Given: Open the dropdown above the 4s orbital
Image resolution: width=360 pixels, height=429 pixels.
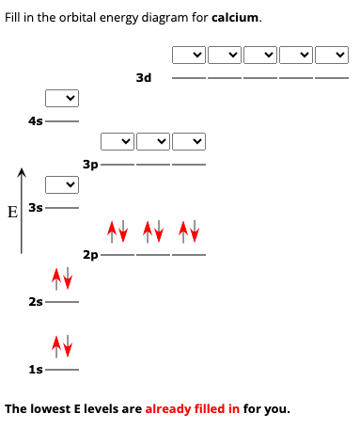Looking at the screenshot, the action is [62, 97].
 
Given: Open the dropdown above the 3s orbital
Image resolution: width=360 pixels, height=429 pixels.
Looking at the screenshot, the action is [62, 183].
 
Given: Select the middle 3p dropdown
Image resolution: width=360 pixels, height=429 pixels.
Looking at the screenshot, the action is [153, 142].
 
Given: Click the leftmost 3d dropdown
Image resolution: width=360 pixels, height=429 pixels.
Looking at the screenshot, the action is [188, 55].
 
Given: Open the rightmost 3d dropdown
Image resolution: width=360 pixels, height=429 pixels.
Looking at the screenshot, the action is [334, 55].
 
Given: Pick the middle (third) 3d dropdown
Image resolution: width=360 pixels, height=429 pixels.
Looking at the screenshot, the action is [260, 55].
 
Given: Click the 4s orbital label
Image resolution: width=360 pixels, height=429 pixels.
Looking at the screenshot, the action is [36, 120].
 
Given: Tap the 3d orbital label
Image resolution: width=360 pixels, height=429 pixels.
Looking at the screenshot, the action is [143, 78].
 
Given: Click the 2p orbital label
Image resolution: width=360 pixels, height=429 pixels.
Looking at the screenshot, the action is [90, 255].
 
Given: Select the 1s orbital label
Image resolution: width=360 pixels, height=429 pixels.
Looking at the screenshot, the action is [36, 370].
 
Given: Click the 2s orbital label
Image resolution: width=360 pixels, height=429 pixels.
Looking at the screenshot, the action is [36, 301].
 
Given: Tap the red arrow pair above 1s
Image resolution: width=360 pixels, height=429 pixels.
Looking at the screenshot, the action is [61, 346].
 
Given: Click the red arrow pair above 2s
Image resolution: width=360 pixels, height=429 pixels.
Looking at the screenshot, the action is [61, 278].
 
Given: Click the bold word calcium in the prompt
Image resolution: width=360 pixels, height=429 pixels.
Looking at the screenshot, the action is [236, 18].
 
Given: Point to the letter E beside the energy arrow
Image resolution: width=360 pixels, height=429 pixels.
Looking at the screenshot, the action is [11, 211].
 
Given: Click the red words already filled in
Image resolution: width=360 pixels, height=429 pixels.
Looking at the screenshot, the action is [192, 409].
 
